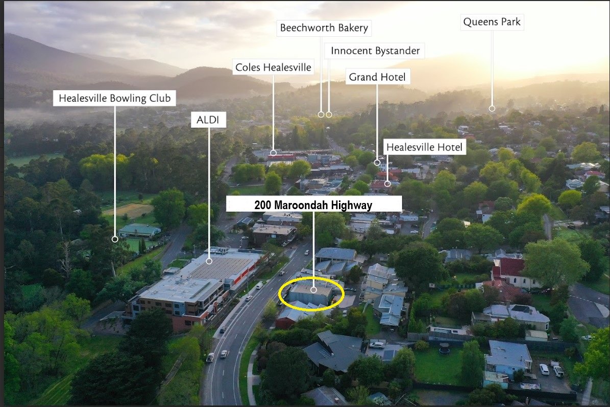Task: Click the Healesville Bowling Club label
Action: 114,98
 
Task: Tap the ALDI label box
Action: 208,120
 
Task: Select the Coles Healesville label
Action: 273,67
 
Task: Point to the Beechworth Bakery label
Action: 324,28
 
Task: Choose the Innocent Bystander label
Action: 375,51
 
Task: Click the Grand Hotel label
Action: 377,77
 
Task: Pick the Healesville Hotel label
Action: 424,147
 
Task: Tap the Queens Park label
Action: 492,22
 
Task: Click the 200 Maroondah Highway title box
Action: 313,205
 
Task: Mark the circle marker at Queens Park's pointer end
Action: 492,108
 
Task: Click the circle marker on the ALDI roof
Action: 209,261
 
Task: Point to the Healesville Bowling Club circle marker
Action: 115,239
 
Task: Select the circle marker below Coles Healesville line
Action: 273,153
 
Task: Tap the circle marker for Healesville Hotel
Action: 387,183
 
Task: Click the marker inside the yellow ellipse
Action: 313,290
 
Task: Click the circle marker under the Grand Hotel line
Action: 377,163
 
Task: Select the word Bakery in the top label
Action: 353,28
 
